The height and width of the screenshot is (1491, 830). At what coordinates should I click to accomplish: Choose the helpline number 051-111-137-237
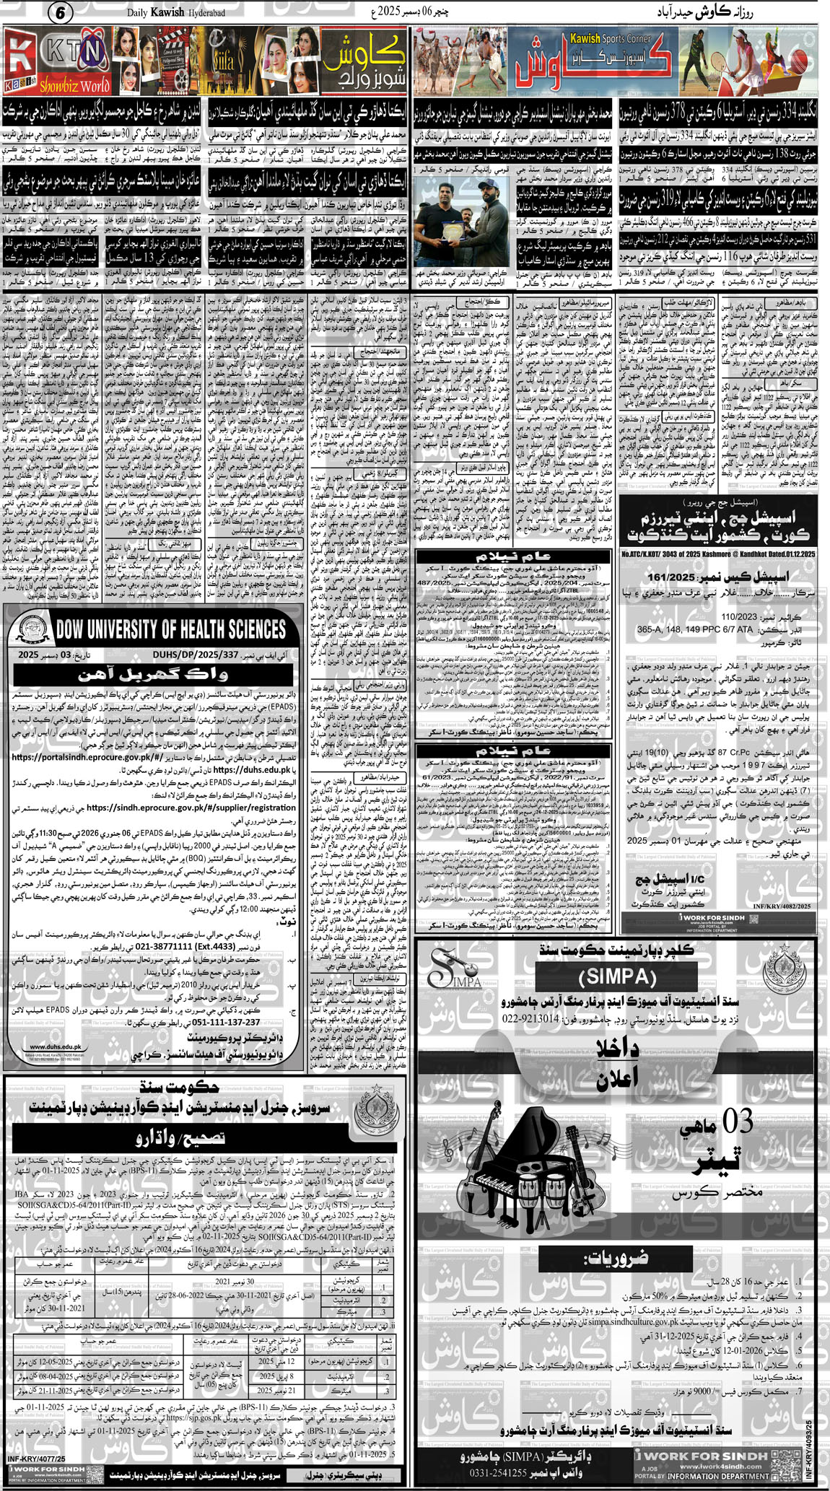215,1022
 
